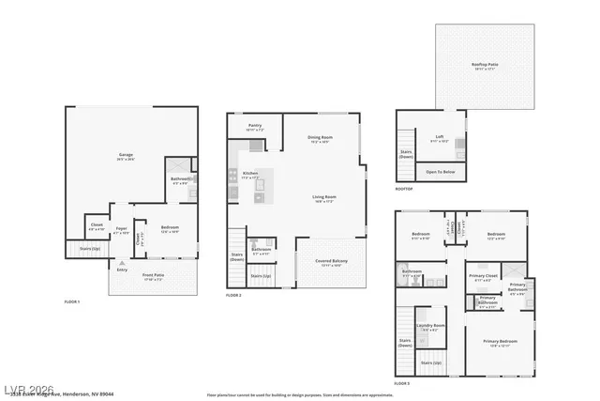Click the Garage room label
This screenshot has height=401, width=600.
pyautogui.click(x=125, y=155)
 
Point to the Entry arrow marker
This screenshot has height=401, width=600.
pyautogui.click(x=122, y=263)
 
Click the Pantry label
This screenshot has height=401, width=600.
pyautogui.click(x=254, y=126)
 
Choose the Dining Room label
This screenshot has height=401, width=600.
pyautogui.click(x=321, y=139)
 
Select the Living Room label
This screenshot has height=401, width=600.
pyautogui.click(x=324, y=198)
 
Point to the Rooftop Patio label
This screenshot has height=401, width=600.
pyautogui.click(x=485, y=65)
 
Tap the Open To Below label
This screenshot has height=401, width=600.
pyautogui.click(x=440, y=172)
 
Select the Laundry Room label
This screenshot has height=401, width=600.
pyautogui.click(x=432, y=326)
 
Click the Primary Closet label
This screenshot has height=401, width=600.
pyautogui.click(x=485, y=277)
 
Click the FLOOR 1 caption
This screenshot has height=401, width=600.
pyautogui.click(x=72, y=301)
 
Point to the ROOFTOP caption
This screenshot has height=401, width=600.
pyautogui.click(x=405, y=188)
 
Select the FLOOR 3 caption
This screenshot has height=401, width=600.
pyautogui.click(x=402, y=383)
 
